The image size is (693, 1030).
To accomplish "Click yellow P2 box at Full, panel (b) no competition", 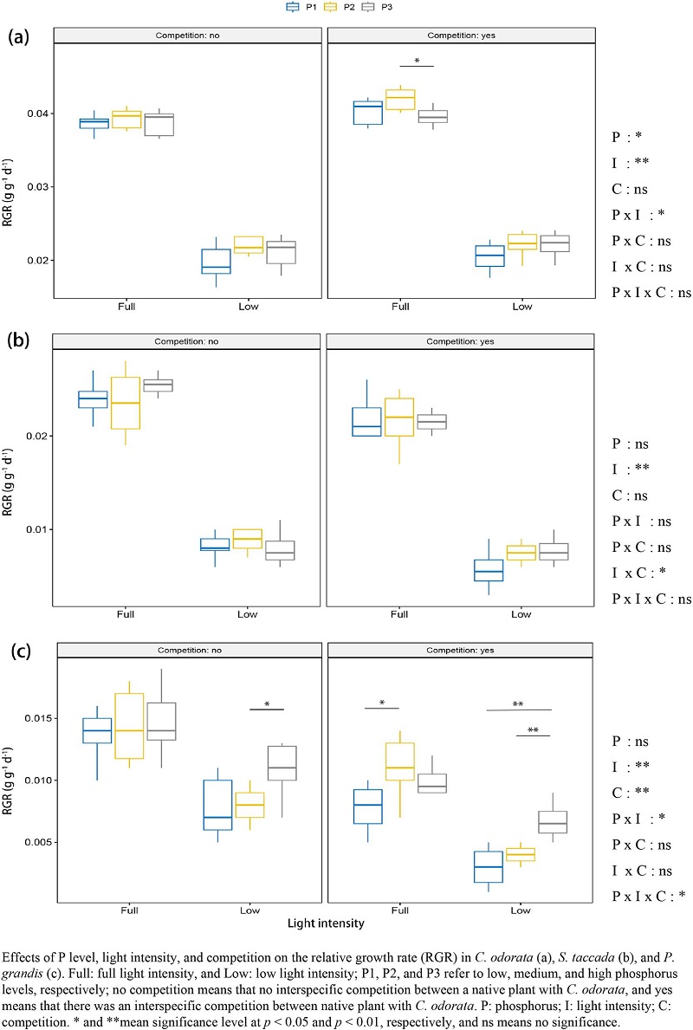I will click(x=157, y=403).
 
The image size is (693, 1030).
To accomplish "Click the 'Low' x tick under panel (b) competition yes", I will click(x=521, y=614).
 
